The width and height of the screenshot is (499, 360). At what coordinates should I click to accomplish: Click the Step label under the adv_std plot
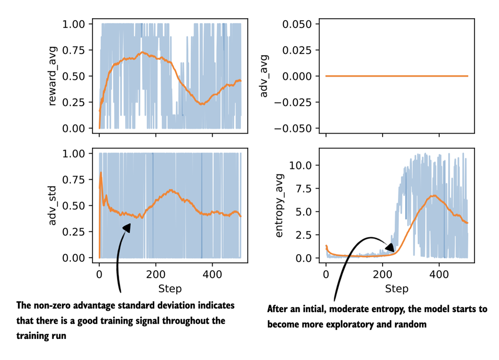(170, 289)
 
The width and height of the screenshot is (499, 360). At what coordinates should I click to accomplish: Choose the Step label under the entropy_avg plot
(397, 289)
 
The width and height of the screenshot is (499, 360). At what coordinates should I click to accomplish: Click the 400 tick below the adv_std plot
(212, 275)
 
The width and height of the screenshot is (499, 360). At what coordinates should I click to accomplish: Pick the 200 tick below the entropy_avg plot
(382, 275)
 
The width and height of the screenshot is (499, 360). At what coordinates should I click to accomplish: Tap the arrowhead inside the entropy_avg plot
(390, 247)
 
